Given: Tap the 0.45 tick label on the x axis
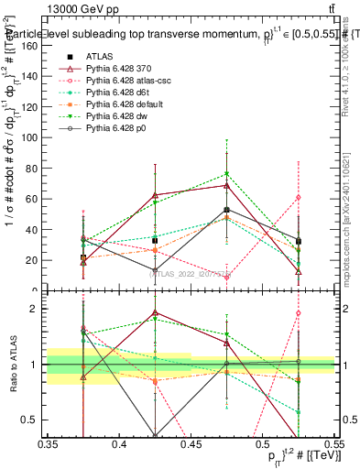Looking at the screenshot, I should [x=191, y=443].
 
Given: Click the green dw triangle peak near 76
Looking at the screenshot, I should [x=226, y=174].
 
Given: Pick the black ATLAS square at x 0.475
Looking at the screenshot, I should [x=226, y=210].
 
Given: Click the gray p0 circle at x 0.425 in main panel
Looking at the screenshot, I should [x=155, y=269].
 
